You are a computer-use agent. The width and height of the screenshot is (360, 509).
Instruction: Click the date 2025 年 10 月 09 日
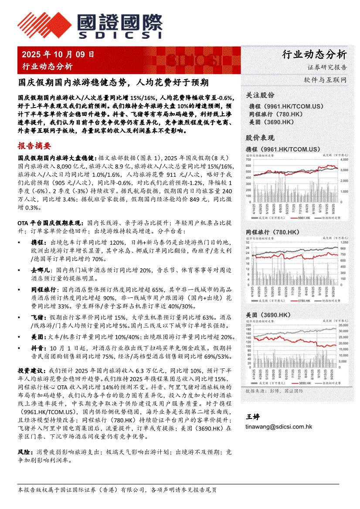[58, 55]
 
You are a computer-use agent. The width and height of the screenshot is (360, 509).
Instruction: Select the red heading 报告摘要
[34, 145]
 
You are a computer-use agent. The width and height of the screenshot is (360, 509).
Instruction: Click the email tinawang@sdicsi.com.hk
[279, 427]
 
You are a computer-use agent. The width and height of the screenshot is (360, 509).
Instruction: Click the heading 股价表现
[260, 138]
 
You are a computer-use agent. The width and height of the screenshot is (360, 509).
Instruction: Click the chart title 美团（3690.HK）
[268, 315]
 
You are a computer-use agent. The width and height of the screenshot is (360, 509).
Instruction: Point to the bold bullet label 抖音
[37, 348]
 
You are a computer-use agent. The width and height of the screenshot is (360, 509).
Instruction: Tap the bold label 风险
[24, 452]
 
